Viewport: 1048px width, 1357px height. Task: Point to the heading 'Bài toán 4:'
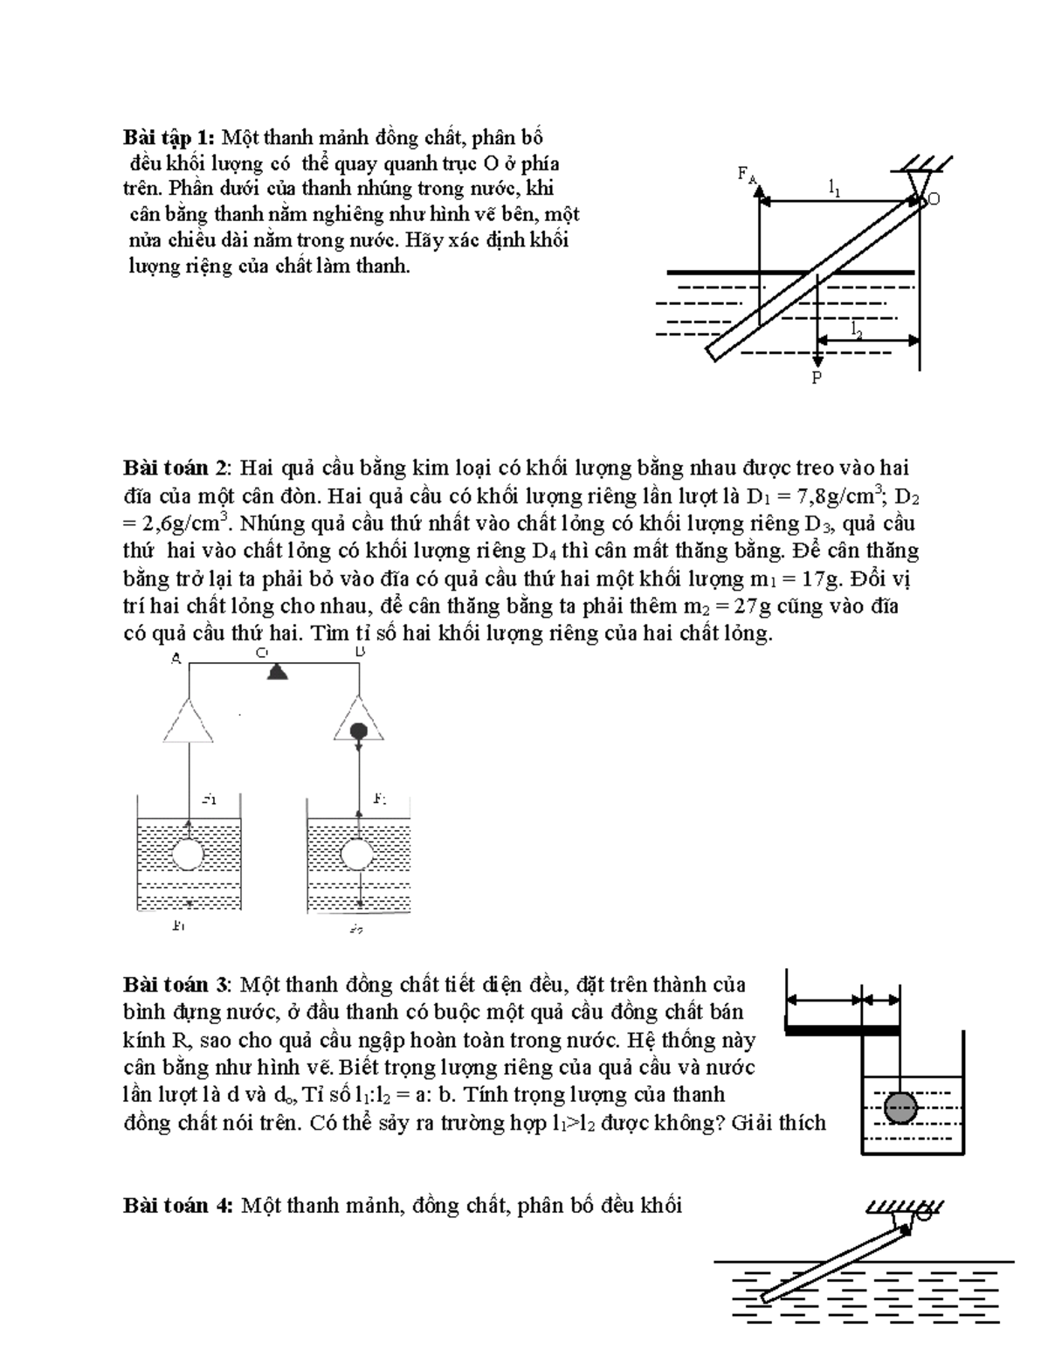pyautogui.click(x=178, y=1206)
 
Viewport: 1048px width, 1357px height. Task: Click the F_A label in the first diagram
pyautogui.click(x=746, y=175)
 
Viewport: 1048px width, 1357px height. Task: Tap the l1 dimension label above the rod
pyautogui.click(x=835, y=187)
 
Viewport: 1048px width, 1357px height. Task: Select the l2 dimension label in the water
pyautogui.click(x=857, y=329)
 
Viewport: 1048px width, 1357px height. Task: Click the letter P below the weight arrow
pyautogui.click(x=817, y=378)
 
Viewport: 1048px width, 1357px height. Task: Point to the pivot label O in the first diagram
pyautogui.click(x=934, y=199)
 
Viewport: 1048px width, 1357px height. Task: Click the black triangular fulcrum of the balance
pyautogui.click(x=277, y=671)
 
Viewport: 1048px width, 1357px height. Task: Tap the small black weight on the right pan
pyautogui.click(x=358, y=731)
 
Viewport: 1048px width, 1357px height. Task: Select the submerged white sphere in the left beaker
pyautogui.click(x=188, y=854)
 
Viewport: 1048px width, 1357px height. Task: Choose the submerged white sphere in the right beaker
pyautogui.click(x=358, y=854)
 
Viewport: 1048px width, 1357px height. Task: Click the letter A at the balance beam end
pyautogui.click(x=176, y=659)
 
